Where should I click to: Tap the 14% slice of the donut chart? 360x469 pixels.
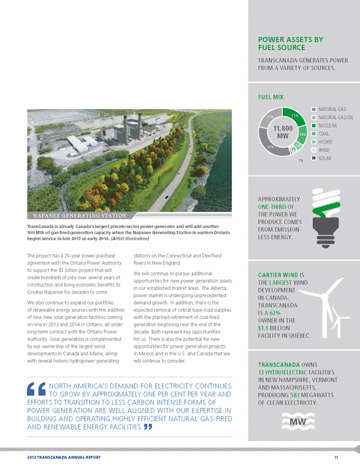tap(303, 135)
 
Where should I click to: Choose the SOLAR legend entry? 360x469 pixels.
tap(324, 158)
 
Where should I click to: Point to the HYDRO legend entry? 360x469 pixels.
tap(325, 142)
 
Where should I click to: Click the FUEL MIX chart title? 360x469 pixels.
tap(271, 97)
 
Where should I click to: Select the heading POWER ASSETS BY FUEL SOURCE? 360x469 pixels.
tap(290, 43)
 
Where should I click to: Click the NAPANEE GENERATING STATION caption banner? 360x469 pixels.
tap(79, 216)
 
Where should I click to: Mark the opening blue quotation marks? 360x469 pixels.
tap(35, 390)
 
